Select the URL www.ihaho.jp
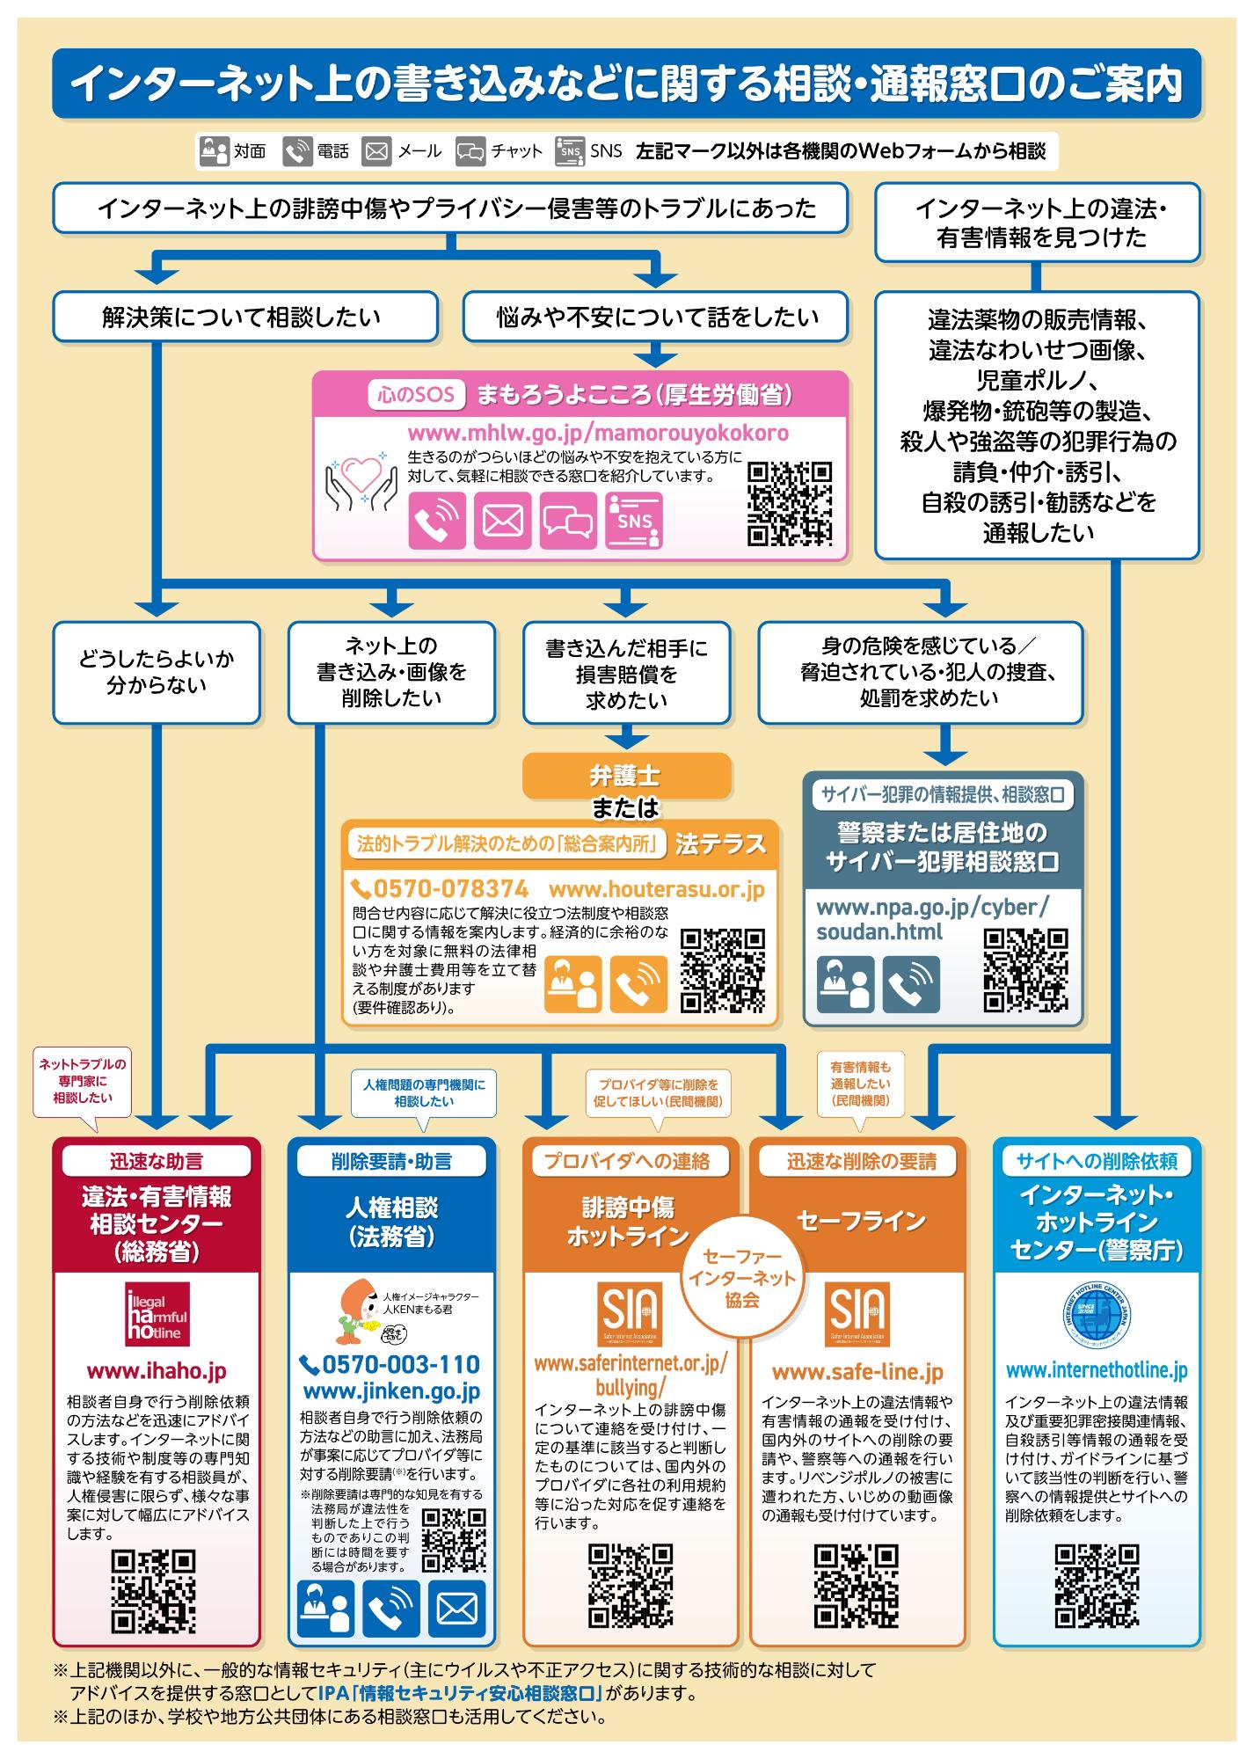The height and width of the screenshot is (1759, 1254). click(x=157, y=1371)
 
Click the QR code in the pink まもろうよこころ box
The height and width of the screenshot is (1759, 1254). click(x=790, y=503)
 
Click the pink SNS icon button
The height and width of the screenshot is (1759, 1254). click(x=634, y=519)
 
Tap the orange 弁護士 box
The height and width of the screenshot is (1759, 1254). click(x=626, y=776)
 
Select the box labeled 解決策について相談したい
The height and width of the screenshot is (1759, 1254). click(x=244, y=317)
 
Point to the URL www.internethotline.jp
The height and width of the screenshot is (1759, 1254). click(x=1096, y=1370)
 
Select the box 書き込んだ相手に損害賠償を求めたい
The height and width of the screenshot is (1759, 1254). click(x=626, y=674)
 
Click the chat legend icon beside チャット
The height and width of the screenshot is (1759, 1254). click(x=470, y=151)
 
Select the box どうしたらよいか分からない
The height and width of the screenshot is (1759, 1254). click(x=157, y=673)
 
